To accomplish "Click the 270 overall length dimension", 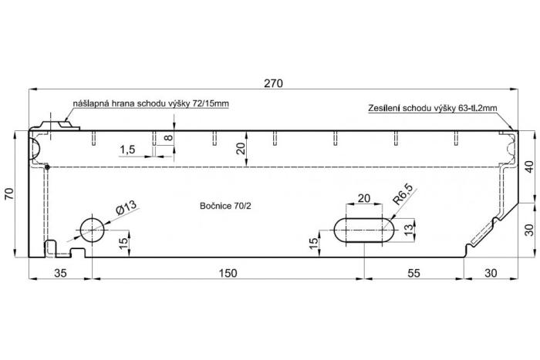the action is click(273, 83).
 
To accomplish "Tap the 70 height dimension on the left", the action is click(9, 193).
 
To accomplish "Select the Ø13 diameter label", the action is click(127, 208).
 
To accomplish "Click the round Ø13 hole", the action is click(92, 230).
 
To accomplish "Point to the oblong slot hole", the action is click(364, 230).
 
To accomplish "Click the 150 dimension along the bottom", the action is click(228, 273).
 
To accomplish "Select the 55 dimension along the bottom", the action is click(413, 273).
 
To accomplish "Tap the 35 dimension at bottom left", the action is click(60, 273).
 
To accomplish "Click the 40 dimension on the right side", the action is click(531, 167).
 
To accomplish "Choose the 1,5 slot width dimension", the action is click(127, 150).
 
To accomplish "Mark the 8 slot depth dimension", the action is click(168, 138).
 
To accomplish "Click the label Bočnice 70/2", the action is click(225, 206).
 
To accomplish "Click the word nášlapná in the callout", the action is click(87, 103).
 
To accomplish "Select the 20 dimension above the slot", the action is click(364, 198).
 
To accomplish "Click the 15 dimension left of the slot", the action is click(313, 244).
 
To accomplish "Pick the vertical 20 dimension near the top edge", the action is click(241, 148).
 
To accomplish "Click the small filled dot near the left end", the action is click(48, 167).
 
